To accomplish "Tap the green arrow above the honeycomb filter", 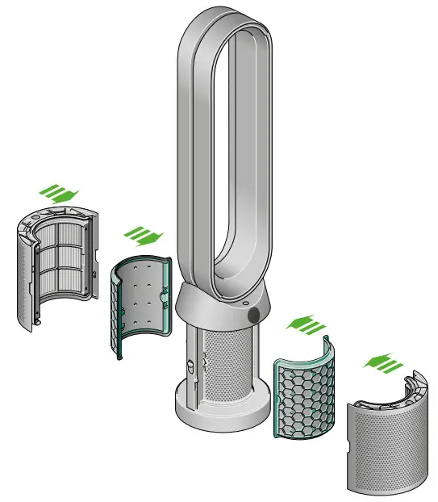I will (x=304, y=325).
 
